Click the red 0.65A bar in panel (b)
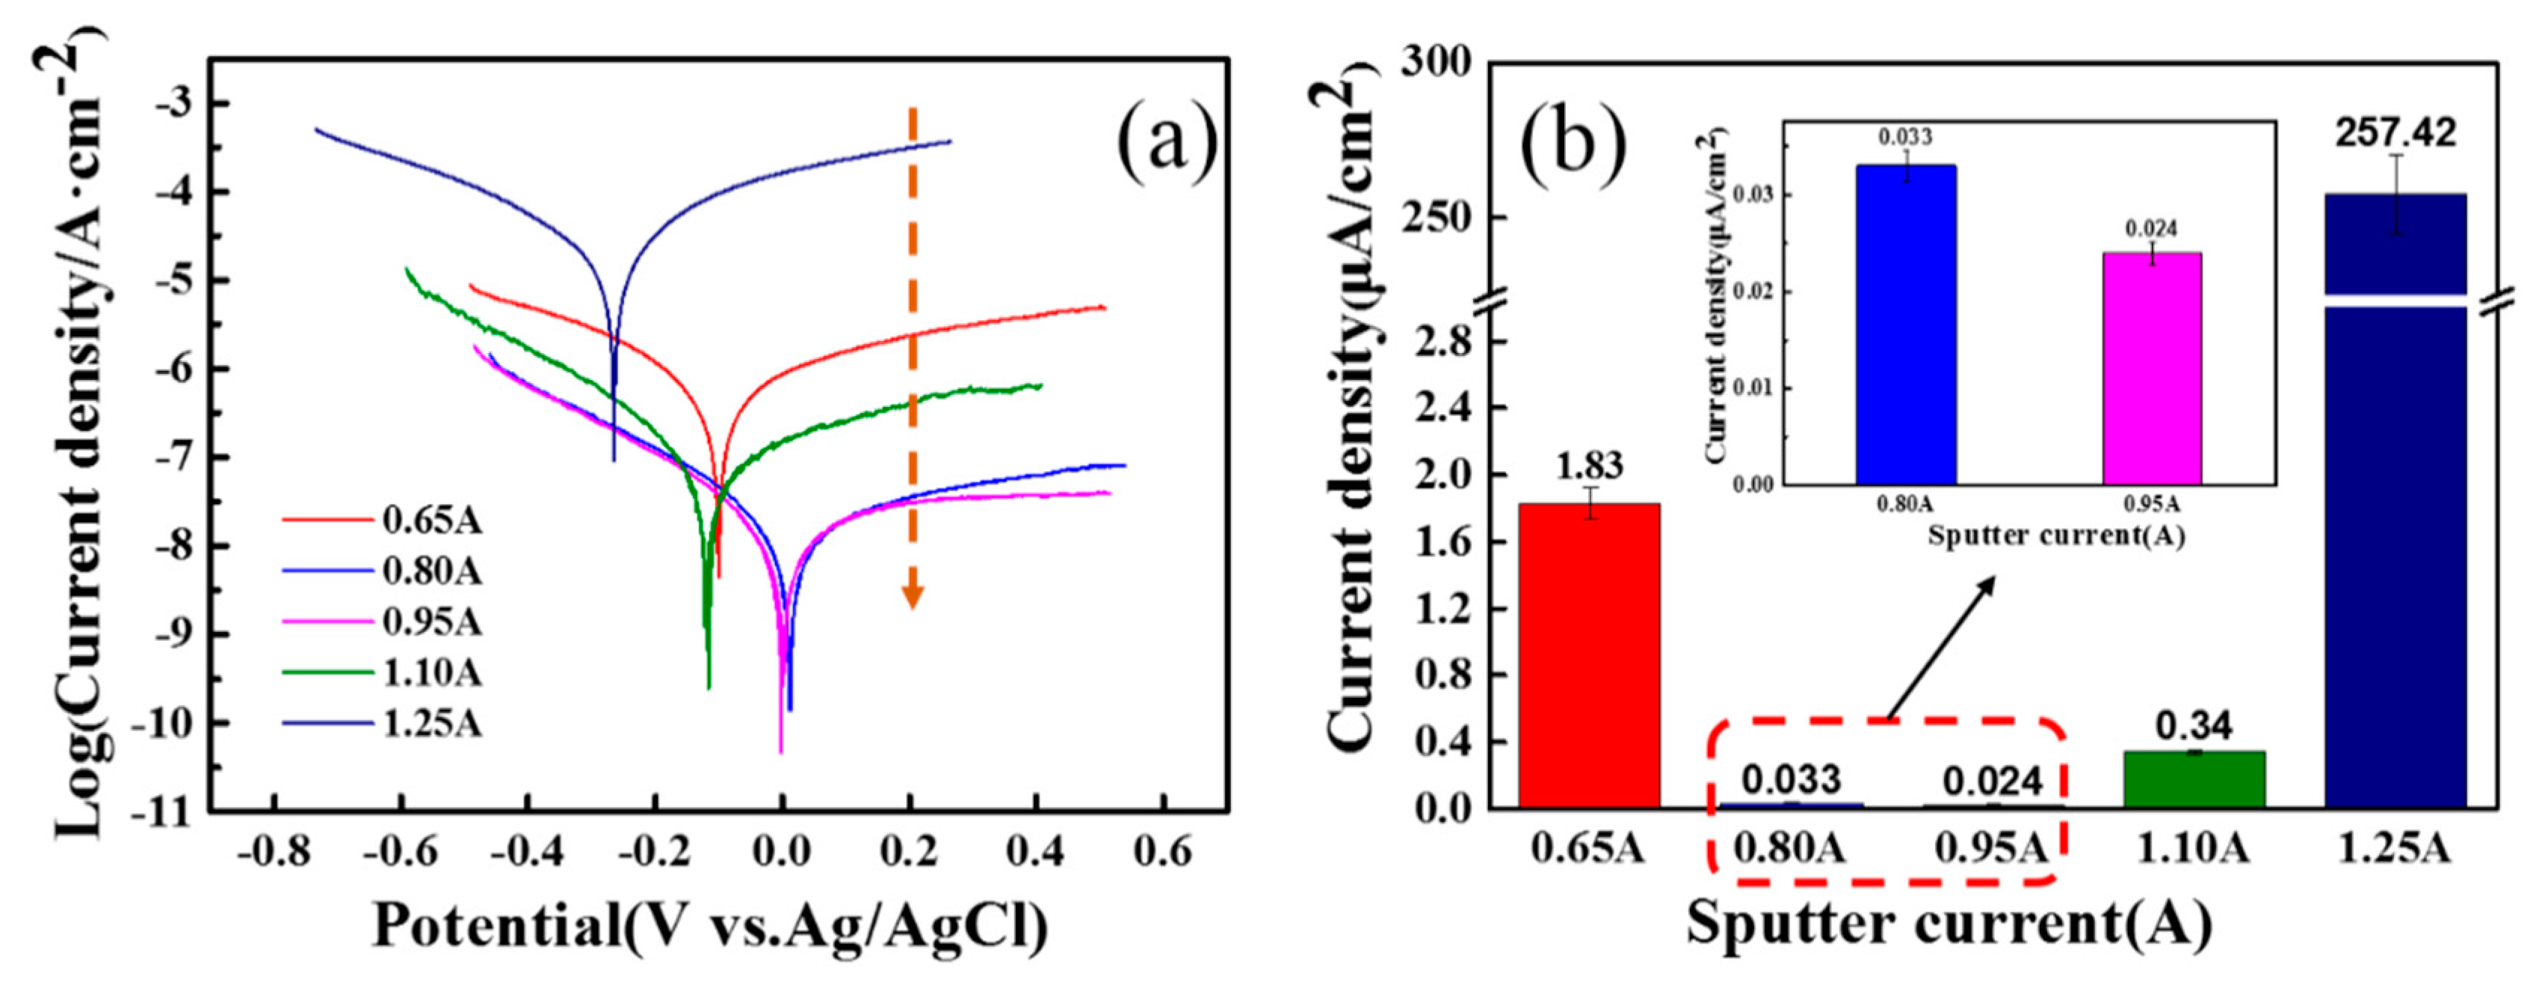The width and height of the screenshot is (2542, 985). (x=1589, y=657)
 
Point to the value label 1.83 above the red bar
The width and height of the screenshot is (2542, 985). (x=1589, y=466)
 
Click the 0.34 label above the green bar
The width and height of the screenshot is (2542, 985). (x=2193, y=726)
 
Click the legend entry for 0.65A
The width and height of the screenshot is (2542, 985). (x=431, y=520)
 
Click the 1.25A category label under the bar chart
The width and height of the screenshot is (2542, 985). (x=2395, y=849)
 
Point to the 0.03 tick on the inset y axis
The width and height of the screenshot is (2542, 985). (x=1756, y=195)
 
